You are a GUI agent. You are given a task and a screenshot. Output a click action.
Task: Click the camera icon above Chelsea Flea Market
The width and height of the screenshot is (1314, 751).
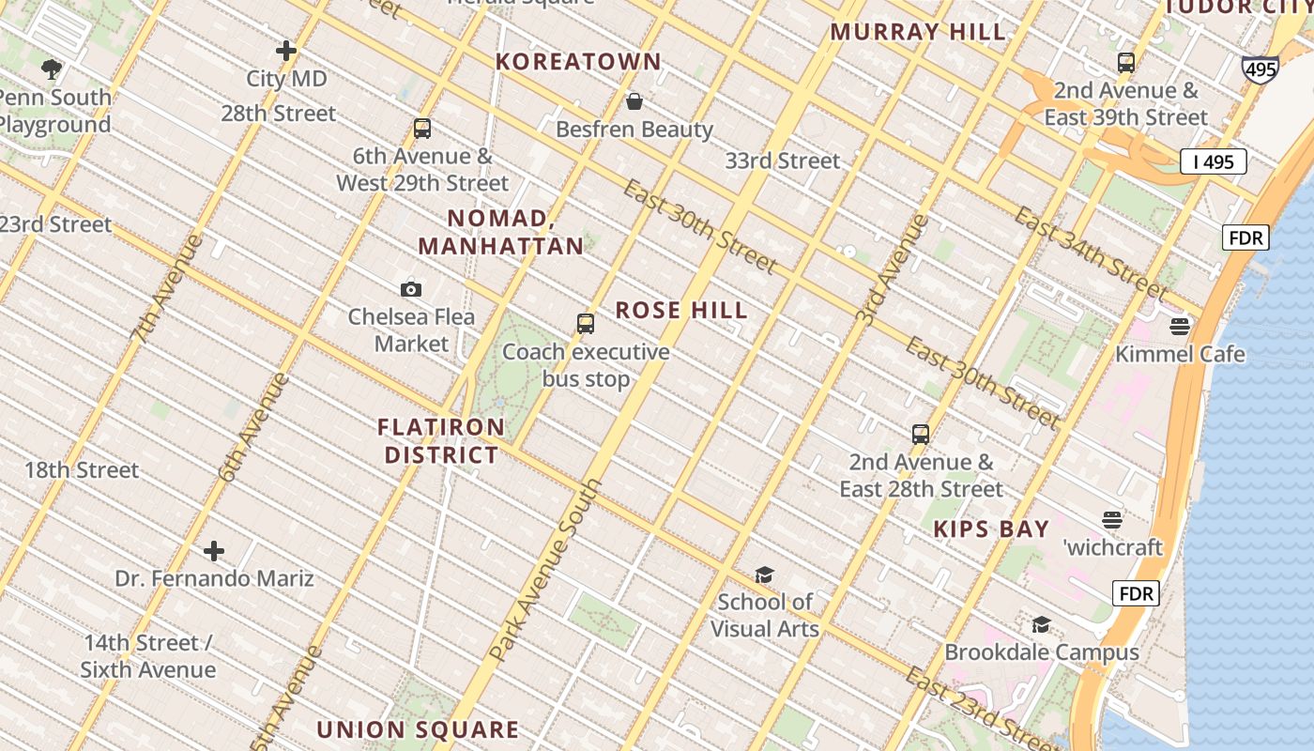coord(410,289)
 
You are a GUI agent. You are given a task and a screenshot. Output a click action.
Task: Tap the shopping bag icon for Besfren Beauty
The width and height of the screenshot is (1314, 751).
coord(634,101)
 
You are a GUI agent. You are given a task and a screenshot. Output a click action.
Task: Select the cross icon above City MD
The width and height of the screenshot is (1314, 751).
coord(286,51)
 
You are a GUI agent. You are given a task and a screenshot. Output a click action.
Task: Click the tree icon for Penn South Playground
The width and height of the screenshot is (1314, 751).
coord(52,69)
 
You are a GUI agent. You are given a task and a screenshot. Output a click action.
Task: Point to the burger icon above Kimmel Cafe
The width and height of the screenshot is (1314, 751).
coord(1180,327)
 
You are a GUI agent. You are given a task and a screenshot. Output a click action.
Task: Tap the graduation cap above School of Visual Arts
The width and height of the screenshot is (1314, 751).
coord(764,575)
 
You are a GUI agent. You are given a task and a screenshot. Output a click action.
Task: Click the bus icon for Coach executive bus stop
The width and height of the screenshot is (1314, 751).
coord(586,324)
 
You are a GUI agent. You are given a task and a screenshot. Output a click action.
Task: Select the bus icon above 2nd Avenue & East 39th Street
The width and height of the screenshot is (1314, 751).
coord(1126,63)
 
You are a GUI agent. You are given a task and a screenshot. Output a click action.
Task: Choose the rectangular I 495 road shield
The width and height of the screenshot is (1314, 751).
coord(1213,161)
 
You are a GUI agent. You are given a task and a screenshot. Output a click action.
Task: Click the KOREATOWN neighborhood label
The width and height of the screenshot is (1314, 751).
coord(578,62)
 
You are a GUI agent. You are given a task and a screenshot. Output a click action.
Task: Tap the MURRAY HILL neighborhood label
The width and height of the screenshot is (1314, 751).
coord(917,32)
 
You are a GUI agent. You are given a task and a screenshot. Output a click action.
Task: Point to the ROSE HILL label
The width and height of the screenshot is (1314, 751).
coord(681,311)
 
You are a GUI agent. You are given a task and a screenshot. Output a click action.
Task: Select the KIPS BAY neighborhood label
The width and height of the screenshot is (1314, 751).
coord(991,529)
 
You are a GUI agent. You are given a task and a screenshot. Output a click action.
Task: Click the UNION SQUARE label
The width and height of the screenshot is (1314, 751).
coord(417,729)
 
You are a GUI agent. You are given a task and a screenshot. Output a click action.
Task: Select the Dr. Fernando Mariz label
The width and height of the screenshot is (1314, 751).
coord(214,578)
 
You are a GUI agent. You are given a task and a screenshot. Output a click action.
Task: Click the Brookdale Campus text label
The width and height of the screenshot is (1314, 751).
coord(1041,652)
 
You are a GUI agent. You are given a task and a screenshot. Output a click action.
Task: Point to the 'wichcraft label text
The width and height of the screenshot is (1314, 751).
coord(1112,547)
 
